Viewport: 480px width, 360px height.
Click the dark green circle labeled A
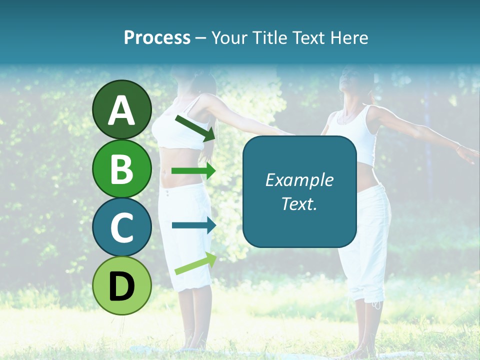click(x=121, y=109)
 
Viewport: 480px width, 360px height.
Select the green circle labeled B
click(x=121, y=168)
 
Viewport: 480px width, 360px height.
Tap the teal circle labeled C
click(x=121, y=227)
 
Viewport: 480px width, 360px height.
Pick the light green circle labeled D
click(x=121, y=285)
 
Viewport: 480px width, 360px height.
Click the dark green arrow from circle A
click(x=195, y=127)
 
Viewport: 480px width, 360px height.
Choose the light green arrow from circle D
click(x=195, y=264)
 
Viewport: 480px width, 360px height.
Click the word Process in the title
click(x=157, y=37)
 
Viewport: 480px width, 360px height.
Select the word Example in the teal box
click(x=299, y=180)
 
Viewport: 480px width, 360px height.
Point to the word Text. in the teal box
click(x=299, y=203)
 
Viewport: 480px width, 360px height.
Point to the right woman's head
click(x=353, y=80)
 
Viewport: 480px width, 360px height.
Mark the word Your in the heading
click(x=229, y=37)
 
